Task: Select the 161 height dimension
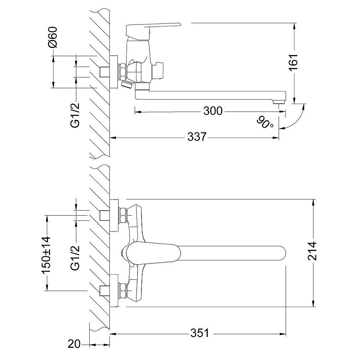coord(294,62)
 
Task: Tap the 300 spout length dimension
coord(213,111)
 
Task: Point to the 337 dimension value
coord(197,137)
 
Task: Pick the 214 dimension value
coord(312,251)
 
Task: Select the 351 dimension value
coord(200,333)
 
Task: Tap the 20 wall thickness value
coord(74,344)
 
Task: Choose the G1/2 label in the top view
coord(75,115)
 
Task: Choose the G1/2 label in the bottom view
coord(75,258)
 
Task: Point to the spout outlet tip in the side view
coord(279,101)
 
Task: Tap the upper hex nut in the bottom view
coord(123,215)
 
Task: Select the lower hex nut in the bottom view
coord(123,291)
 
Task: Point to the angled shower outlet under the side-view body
coord(126,84)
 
